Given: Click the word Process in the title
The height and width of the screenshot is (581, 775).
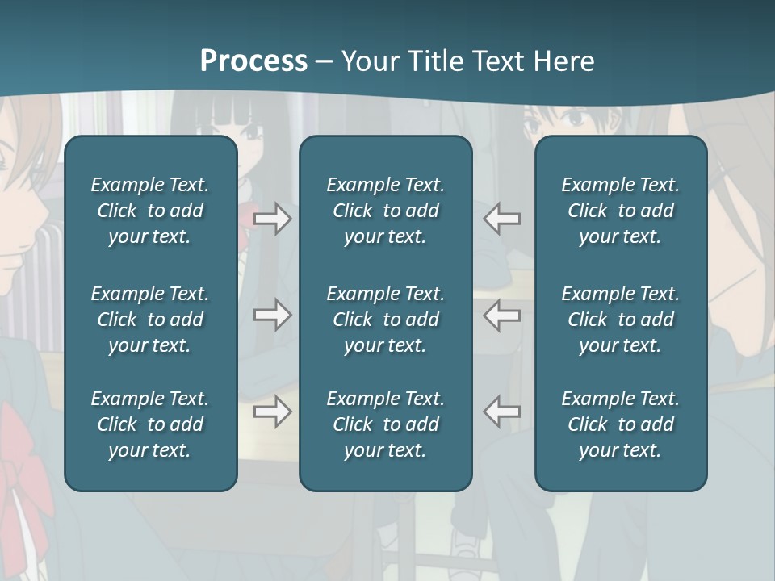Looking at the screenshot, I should tap(253, 61).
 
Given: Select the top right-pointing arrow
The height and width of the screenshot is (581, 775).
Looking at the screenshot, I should tap(273, 218).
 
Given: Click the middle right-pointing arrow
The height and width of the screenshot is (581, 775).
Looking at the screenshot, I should tap(273, 315).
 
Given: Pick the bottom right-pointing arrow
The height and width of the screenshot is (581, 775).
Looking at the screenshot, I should tap(273, 412).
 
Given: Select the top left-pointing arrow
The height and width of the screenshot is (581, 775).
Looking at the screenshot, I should tap(502, 218).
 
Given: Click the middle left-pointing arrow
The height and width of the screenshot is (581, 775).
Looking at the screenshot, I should tap(502, 315).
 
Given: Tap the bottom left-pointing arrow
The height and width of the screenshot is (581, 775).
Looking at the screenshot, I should tap(502, 412).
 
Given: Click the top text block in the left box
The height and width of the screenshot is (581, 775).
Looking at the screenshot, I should tap(150, 211).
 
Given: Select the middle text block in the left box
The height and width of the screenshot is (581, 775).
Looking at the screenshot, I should tap(150, 320).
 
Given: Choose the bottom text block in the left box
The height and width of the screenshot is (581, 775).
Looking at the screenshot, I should tap(150, 424).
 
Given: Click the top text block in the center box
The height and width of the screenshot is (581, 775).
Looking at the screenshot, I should tap(386, 211).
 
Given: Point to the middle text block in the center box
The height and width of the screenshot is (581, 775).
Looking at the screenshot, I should tap(386, 320).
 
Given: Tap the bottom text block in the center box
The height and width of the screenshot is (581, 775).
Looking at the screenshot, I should tap(386, 424).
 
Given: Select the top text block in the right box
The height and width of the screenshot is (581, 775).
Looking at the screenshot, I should tap(621, 211).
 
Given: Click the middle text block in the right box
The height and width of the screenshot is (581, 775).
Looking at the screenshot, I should tap(621, 320).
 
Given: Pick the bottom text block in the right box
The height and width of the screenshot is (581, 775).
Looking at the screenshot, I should tap(621, 424).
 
